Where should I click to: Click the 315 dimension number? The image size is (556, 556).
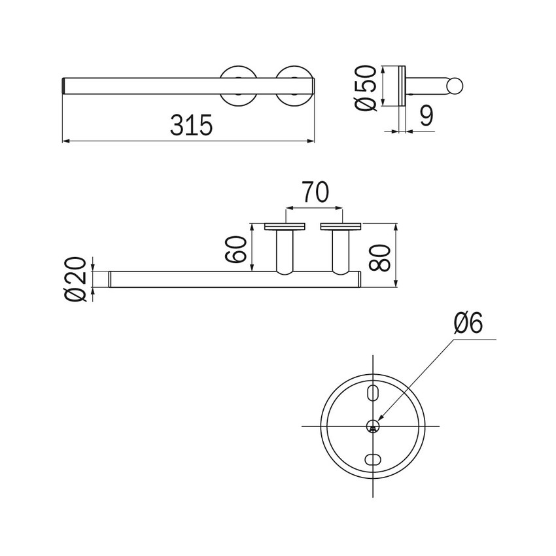(x=191, y=125)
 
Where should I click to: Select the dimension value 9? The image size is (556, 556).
(x=426, y=116)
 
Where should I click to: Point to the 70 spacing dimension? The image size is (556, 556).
(x=315, y=194)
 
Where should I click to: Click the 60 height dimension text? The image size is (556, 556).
(x=237, y=248)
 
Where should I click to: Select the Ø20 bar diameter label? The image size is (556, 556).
(x=76, y=278)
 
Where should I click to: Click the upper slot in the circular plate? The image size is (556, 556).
(x=372, y=392)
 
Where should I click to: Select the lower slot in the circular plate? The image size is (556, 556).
(x=372, y=460)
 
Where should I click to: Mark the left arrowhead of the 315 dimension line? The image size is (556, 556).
(x=65, y=141)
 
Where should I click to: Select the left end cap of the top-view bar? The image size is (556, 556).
(x=64, y=86)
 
